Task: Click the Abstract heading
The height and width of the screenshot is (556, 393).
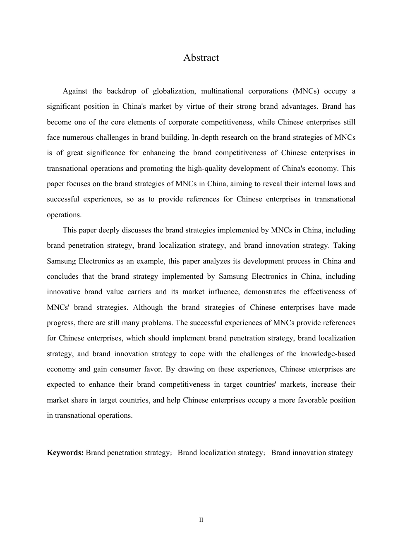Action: click(201, 58)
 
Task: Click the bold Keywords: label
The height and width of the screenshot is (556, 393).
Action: click(65, 453)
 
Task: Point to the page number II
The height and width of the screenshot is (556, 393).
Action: click(201, 520)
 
